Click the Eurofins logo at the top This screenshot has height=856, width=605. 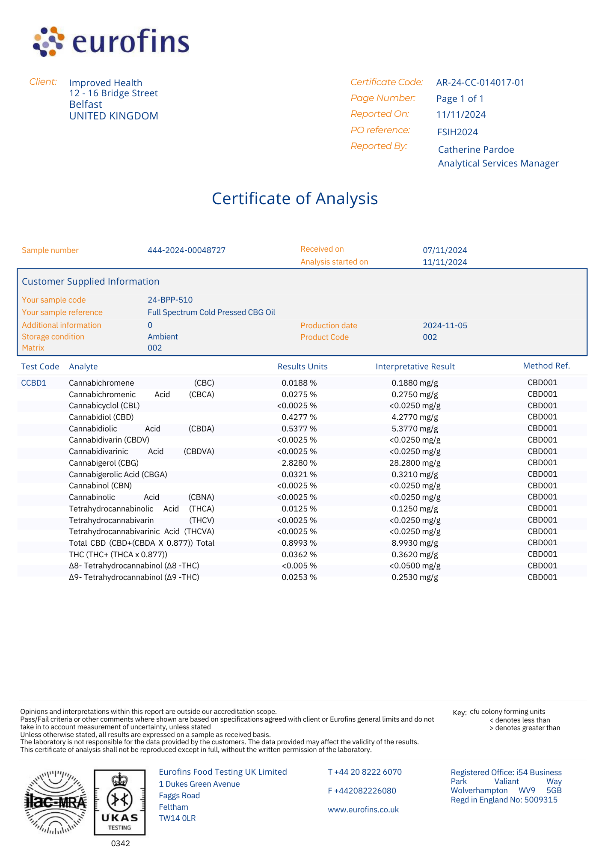pyautogui.click(x=111, y=42)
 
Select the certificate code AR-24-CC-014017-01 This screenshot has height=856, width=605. pyautogui.click(x=480, y=83)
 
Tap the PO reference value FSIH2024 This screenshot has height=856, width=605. pyautogui.click(x=457, y=132)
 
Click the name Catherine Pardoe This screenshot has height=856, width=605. pyautogui.click(x=476, y=150)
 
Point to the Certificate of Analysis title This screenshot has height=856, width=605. pyautogui.click(x=295, y=199)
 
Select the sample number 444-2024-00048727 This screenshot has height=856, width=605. pyautogui.click(x=187, y=250)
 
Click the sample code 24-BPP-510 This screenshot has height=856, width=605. pyautogui.click(x=170, y=300)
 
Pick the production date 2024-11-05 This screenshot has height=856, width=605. pyautogui.click(x=445, y=326)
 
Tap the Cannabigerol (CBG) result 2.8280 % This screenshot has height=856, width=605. pyautogui.click(x=299, y=463)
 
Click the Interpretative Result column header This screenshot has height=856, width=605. pyautogui.click(x=415, y=367)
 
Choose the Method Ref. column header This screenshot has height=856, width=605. pyautogui.click(x=546, y=366)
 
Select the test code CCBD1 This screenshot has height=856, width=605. pyautogui.click(x=34, y=383)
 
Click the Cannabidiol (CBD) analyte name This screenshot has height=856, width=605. pyautogui.click(x=101, y=417)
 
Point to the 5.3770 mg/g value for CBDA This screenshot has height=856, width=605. pyautogui.click(x=415, y=429)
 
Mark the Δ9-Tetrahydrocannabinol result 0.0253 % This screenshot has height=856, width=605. pyautogui.click(x=299, y=577)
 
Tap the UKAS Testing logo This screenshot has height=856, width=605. pyautogui.click(x=120, y=802)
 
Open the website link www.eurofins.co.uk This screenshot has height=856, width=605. pyautogui.click(x=363, y=810)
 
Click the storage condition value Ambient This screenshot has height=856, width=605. pyautogui.click(x=163, y=337)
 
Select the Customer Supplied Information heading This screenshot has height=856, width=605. pyautogui.click(x=91, y=282)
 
